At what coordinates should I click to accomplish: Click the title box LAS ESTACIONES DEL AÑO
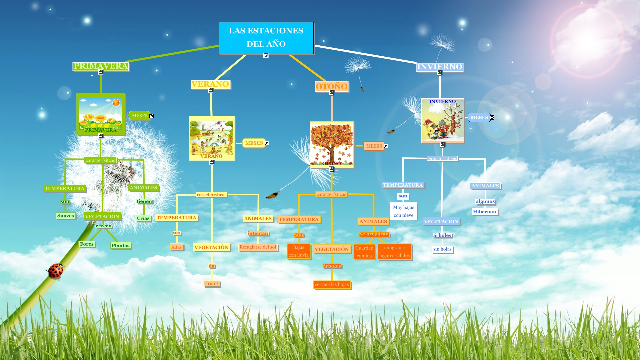point(266,38)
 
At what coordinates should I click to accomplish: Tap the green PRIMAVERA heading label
point(101,66)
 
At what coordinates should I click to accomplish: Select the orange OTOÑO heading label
point(332,86)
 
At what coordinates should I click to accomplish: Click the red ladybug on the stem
point(55,271)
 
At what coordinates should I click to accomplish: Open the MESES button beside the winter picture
point(479,117)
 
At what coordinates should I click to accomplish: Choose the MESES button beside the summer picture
point(254,143)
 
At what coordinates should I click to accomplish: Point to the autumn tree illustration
point(332,144)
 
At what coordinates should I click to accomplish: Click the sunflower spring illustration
point(101,114)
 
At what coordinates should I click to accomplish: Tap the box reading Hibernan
point(485,212)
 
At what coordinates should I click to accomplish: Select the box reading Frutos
point(212,283)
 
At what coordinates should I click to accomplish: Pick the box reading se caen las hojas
point(332,284)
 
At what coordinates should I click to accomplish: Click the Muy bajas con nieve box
point(403,211)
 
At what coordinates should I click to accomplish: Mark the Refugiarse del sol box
point(258,247)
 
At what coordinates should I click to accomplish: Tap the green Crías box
point(143,218)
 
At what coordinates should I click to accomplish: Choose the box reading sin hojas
point(442,249)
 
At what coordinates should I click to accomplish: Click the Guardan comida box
point(364,252)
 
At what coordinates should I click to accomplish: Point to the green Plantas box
point(121,246)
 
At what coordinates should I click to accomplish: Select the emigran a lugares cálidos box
point(394,252)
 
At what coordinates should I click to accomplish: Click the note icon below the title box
point(266,56)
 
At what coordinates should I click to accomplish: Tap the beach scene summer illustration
point(212,138)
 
